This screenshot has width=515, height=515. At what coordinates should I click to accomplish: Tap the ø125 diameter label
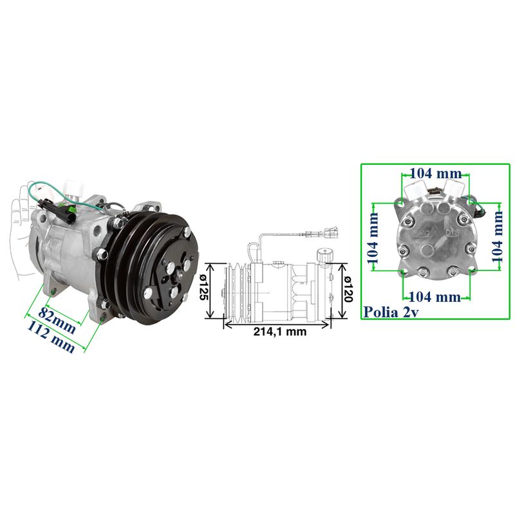pos(201,290)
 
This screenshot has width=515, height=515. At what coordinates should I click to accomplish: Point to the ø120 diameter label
pos(347,290)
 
